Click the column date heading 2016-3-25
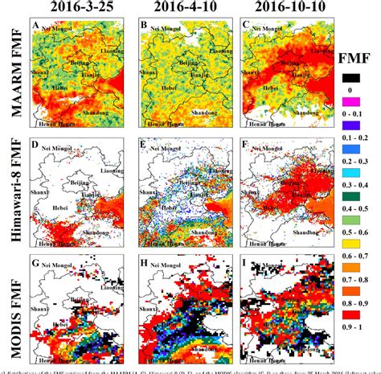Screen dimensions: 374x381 click(x=70, y=7)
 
